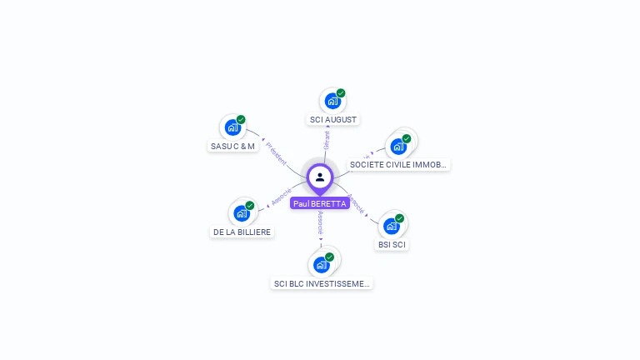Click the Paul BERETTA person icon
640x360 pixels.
[x=320, y=177]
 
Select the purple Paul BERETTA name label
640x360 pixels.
[x=320, y=203]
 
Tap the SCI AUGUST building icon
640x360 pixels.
[x=332, y=102]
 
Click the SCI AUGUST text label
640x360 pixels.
[x=333, y=120]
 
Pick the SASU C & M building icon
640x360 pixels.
[x=232, y=128]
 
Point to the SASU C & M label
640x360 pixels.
[x=232, y=147]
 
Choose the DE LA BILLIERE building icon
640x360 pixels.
[x=242, y=213]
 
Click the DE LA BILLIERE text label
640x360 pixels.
[x=242, y=232]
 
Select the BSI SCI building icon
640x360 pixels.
[x=392, y=226]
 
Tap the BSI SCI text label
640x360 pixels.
[x=392, y=245]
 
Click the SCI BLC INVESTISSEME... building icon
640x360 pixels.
[x=322, y=265]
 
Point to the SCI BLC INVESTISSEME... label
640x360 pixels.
[x=322, y=284]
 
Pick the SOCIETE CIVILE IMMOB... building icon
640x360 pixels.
[x=398, y=147]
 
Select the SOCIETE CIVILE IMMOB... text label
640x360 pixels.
[x=399, y=165]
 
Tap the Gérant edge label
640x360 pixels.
[x=327, y=140]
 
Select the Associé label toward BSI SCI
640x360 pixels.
[x=357, y=202]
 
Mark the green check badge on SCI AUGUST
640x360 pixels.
[x=341, y=93]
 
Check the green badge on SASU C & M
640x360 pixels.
[x=241, y=120]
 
